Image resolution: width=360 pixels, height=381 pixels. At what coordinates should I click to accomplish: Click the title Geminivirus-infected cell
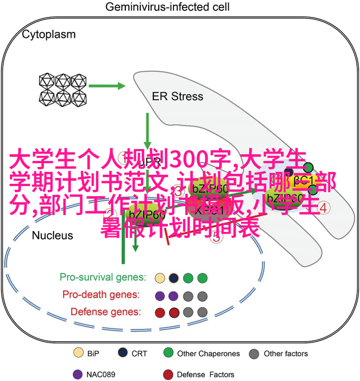pyautogui.click(x=167, y=7)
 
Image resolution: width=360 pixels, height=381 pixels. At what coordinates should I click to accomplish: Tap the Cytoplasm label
pyautogui.click(x=49, y=34)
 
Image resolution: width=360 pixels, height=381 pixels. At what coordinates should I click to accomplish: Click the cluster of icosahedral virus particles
pyautogui.click(x=63, y=89)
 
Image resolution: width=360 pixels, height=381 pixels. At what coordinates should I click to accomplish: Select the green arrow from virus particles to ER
pyautogui.click(x=107, y=86)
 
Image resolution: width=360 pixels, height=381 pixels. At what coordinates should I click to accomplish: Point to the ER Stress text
pyautogui.click(x=177, y=97)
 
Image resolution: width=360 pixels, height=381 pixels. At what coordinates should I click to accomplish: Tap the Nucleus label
pyautogui.click(x=52, y=236)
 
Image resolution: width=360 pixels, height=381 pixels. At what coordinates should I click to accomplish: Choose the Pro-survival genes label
pyautogui.click(x=103, y=277)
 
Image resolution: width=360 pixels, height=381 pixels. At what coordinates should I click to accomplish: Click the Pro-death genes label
pyautogui.click(x=101, y=295)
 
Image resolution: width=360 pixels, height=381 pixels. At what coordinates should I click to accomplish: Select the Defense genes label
pyautogui.click(x=106, y=312)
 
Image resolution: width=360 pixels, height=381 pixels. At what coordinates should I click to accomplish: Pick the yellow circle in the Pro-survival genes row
pyautogui.click(x=160, y=278)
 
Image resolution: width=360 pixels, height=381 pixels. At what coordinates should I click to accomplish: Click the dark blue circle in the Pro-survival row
pyautogui.click(x=173, y=278)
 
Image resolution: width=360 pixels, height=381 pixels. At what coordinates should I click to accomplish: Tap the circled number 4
pyautogui.click(x=324, y=208)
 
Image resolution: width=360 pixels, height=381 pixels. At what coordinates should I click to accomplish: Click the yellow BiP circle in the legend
pyautogui.click(x=78, y=353)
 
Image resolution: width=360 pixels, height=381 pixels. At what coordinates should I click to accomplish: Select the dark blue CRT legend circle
pyautogui.click(x=123, y=353)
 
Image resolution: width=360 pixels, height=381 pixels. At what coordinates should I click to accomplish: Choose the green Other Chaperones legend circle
pyautogui.click(x=168, y=353)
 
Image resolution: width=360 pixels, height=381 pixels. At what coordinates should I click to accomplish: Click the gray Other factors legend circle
pyautogui.click(x=255, y=353)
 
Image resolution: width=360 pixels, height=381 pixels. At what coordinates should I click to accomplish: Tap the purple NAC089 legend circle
pyautogui.click(x=78, y=374)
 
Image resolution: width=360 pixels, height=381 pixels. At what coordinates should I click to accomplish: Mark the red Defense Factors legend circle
pyautogui.click(x=168, y=374)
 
